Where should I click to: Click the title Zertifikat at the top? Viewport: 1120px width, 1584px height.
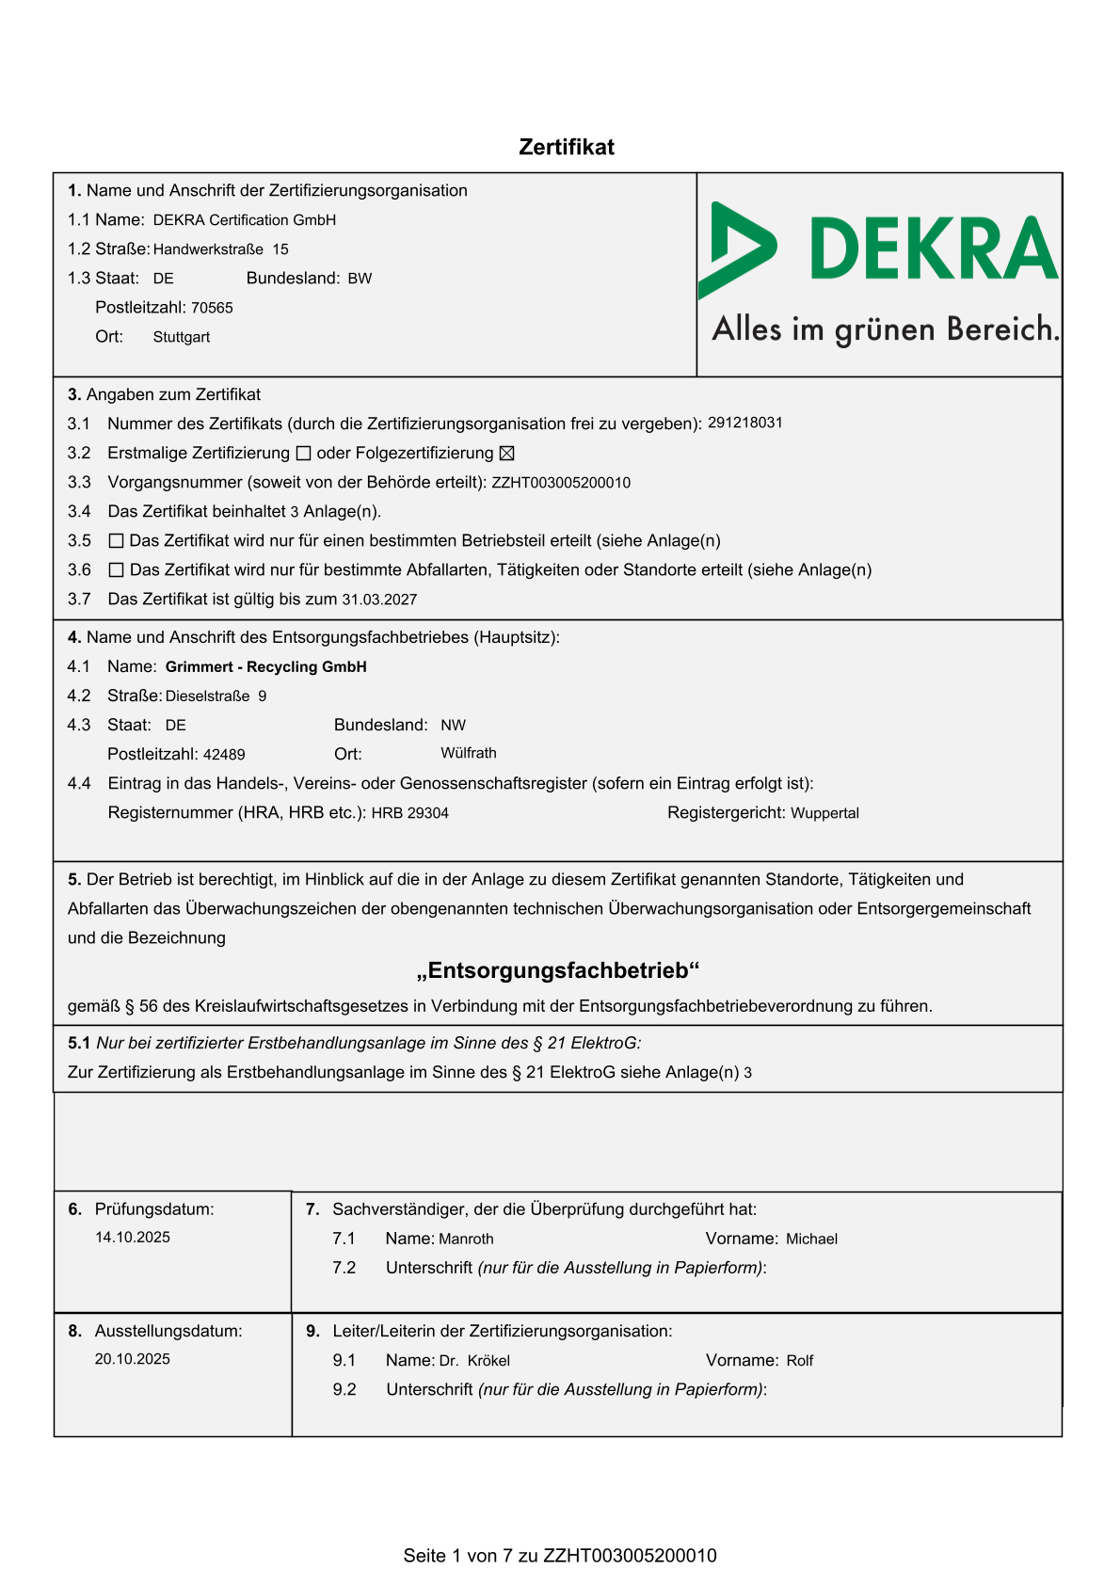pos(567,147)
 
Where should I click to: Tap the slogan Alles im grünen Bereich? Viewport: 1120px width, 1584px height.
pos(886,329)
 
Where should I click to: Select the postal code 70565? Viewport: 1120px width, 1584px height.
pos(212,308)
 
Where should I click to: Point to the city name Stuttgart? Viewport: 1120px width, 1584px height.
pos(182,337)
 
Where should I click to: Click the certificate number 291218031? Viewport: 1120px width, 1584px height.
pos(745,423)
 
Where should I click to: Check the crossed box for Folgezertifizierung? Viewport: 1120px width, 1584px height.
pos(506,454)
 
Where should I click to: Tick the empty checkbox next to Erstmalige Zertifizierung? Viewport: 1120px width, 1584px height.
pos(303,454)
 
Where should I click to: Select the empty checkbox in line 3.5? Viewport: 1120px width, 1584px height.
pos(117,541)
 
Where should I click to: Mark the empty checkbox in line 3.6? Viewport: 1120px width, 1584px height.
pos(117,570)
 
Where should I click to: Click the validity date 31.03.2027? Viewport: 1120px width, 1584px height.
pos(379,600)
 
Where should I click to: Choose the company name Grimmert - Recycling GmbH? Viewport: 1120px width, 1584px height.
pos(266,667)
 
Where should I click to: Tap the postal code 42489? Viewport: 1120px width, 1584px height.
pos(224,755)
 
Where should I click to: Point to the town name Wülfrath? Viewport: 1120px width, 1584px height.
pos(469,753)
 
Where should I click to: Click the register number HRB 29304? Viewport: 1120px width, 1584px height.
pos(410,813)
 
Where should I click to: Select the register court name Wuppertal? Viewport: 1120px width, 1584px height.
pos(824,813)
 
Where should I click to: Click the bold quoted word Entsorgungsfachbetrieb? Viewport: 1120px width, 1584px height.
pos(558,970)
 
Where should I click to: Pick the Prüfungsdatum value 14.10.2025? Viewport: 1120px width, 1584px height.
pos(133,1238)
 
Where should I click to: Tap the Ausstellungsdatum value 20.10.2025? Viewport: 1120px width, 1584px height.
pos(133,1359)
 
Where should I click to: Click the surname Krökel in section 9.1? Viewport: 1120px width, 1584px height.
pos(488,1361)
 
